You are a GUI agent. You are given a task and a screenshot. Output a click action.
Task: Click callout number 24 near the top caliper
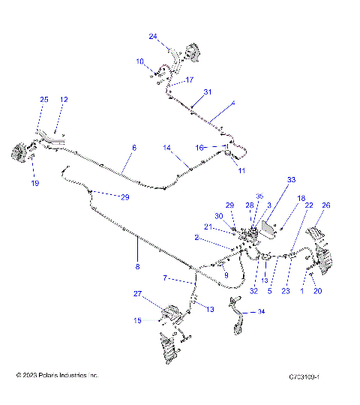click(x=153, y=36)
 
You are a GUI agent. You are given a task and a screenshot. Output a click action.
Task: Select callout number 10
click(x=139, y=61)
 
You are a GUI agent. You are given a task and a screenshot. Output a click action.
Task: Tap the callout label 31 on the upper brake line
click(x=208, y=91)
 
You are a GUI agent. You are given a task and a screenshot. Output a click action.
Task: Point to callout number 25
click(x=43, y=100)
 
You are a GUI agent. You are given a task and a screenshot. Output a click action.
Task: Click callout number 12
click(x=64, y=100)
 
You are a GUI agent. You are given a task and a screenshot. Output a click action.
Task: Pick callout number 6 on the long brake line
click(x=134, y=148)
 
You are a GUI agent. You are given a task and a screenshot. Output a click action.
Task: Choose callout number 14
click(x=168, y=148)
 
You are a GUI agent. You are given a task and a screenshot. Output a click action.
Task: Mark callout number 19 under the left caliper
click(x=34, y=183)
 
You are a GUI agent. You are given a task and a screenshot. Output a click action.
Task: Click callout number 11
click(x=241, y=171)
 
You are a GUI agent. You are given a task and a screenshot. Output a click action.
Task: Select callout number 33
click(x=292, y=180)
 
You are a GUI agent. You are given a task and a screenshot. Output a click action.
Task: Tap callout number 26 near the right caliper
click(x=325, y=205)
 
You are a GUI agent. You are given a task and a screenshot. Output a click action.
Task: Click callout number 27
click(x=138, y=293)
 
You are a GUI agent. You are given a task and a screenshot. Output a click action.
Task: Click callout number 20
click(x=317, y=291)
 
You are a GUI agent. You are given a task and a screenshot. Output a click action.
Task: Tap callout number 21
click(x=208, y=227)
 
